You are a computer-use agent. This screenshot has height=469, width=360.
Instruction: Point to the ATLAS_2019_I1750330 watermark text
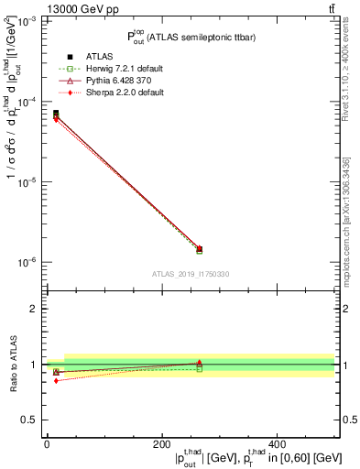click(x=190, y=274)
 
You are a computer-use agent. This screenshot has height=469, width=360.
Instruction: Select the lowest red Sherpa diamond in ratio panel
click(x=55, y=380)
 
